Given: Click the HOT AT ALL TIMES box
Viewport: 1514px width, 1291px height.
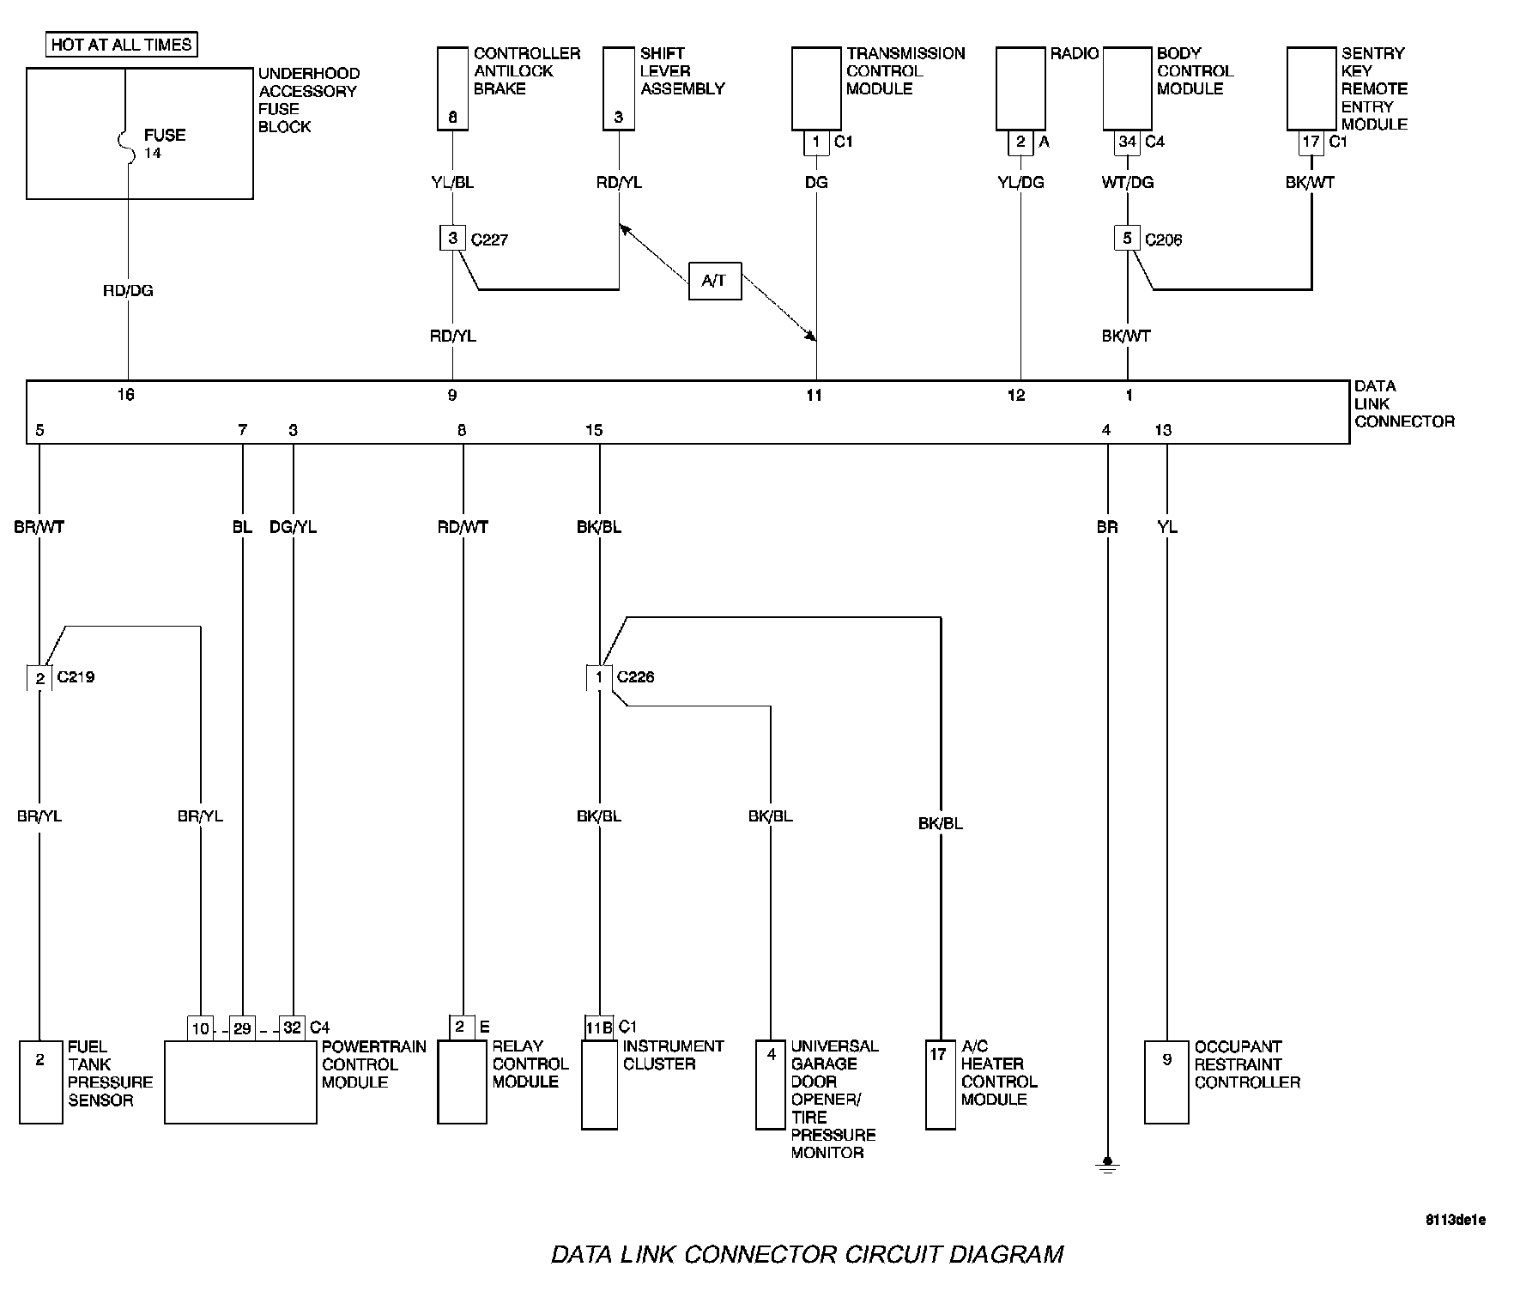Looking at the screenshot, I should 122,45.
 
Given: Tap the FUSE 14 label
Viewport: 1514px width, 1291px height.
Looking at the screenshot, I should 163,143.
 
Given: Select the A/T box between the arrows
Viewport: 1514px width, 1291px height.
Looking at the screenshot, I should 714,281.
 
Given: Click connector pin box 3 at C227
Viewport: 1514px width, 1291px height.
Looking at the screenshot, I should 452,238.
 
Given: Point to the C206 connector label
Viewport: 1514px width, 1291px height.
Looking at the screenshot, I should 1164,240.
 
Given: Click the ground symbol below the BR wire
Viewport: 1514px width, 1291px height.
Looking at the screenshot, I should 1107,1166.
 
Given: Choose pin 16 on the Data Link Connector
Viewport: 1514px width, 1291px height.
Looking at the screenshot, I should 126,395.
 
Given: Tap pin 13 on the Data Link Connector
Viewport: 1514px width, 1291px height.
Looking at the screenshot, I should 1163,430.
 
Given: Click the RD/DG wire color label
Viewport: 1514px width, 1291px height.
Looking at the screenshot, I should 128,291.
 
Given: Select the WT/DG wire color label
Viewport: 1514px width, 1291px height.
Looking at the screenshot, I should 1127,183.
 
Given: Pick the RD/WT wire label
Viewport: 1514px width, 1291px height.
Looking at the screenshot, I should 463,527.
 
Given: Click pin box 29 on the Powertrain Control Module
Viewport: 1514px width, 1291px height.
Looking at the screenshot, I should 242,1027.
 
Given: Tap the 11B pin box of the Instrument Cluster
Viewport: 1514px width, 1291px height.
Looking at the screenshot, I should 599,1027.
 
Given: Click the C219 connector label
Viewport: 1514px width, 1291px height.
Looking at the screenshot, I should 76,677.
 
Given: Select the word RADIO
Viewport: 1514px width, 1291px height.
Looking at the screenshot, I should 1075,54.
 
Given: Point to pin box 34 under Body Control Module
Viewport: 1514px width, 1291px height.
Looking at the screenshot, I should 1127,142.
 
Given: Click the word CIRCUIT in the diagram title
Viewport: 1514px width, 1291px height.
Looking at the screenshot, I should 892,1255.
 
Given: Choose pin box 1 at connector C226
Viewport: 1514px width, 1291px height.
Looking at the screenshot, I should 599,677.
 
